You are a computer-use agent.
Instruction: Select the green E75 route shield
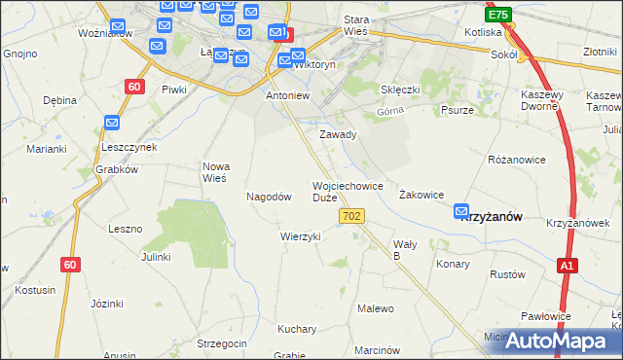click(498, 15)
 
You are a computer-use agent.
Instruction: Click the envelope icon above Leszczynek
click(112, 124)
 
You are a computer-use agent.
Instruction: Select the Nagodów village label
click(270, 197)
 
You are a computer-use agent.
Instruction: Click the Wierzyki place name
click(300, 236)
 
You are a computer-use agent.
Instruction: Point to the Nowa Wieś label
click(214, 171)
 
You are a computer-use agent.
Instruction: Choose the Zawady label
click(339, 134)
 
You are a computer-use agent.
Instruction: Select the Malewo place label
click(376, 308)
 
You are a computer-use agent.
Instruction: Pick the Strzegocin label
click(223, 343)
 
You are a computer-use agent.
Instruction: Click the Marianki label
click(46, 149)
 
